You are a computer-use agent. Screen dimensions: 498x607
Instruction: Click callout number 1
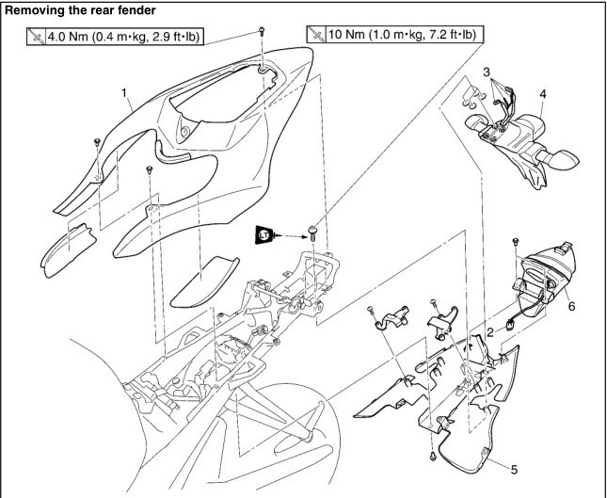tap(123, 93)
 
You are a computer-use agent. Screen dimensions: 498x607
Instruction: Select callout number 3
tap(486, 72)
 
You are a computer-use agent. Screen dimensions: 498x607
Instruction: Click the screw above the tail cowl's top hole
tap(258, 34)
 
